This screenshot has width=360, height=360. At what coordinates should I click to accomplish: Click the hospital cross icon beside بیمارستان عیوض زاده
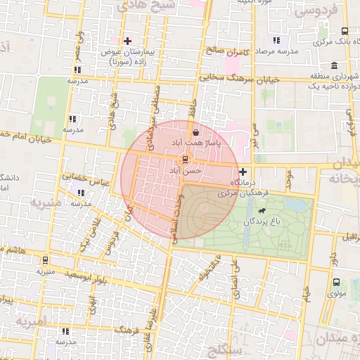[x=127, y=41]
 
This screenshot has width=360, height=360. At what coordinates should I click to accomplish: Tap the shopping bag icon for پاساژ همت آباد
[x=195, y=131]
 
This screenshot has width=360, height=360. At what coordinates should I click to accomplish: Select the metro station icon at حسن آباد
[x=185, y=159]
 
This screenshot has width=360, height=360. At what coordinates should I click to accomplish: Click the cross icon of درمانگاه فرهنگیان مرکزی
[x=243, y=172]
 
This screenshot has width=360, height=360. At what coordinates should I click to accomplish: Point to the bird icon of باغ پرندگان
[x=262, y=211]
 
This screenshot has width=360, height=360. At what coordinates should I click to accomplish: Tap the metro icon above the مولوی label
[x=336, y=283]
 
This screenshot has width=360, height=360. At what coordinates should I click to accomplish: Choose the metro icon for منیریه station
[x=46, y=259]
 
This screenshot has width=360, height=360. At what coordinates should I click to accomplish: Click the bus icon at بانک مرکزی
[x=344, y=31]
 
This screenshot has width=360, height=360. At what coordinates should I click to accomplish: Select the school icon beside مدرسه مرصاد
[x=276, y=40]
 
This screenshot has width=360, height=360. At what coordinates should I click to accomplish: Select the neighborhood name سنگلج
[x=225, y=349]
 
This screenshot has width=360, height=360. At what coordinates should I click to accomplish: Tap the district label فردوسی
[x=317, y=11]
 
